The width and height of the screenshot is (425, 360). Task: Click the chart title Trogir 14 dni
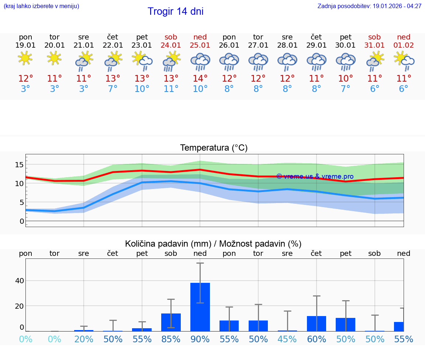click(x=175, y=11)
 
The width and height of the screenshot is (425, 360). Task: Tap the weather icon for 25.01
click(x=200, y=61)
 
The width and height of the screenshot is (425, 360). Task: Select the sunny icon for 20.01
click(x=54, y=58)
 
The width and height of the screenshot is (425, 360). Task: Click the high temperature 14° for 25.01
click(x=200, y=79)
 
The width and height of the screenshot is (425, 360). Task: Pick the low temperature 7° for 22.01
click(x=113, y=89)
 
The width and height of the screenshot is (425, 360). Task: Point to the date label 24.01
click(x=171, y=45)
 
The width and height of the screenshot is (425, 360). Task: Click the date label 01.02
click(x=404, y=45)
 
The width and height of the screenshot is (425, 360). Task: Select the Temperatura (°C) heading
click(x=214, y=148)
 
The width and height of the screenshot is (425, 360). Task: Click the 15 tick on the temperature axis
click(x=19, y=165)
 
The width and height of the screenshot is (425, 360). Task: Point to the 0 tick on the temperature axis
click(x=21, y=221)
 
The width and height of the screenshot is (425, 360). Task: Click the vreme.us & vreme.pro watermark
click(x=315, y=176)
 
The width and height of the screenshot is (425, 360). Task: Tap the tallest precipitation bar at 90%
click(x=200, y=307)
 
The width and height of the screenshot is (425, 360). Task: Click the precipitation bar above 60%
click(x=317, y=324)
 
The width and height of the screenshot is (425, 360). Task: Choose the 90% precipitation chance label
click(x=200, y=339)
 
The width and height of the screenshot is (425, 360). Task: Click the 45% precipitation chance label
click(x=287, y=339)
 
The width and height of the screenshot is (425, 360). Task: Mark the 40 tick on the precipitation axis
click(x=19, y=281)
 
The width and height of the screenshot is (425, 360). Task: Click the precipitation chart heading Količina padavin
click(x=213, y=244)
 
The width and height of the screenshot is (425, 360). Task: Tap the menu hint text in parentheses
click(x=41, y=6)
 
